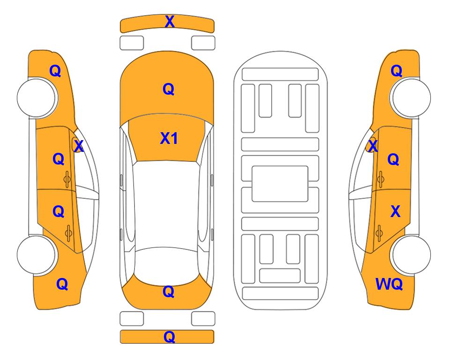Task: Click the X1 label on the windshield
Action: (169, 138)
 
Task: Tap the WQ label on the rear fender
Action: (389, 284)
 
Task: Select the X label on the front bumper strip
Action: (170, 22)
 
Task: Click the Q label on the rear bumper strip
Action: (169, 337)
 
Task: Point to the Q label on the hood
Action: (169, 89)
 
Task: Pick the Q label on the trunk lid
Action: (169, 292)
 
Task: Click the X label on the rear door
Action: (395, 211)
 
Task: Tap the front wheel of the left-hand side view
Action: (37, 97)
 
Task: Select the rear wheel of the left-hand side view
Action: (37, 255)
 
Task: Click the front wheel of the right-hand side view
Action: (411, 97)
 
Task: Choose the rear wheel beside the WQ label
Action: (411, 255)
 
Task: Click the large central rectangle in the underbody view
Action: (280, 184)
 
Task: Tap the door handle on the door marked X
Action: (379, 233)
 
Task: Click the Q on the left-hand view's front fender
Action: (55, 71)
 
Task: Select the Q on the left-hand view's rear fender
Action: (62, 284)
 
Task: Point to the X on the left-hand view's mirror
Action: (79, 146)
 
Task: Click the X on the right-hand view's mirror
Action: (373, 146)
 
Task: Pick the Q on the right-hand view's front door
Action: (393, 159)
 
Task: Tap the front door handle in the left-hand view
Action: (67, 179)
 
